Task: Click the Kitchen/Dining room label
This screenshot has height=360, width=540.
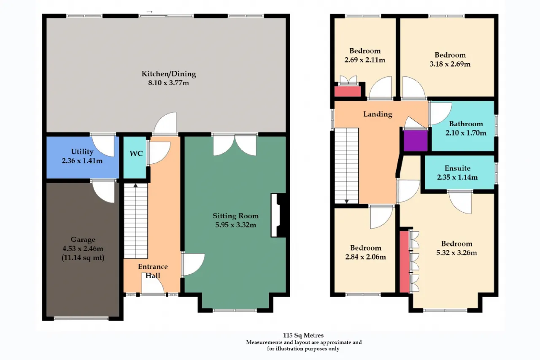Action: [168, 74]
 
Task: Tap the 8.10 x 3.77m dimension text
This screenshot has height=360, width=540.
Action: [168, 83]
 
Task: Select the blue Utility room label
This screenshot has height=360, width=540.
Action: [82, 152]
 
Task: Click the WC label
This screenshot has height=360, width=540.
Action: [136, 154]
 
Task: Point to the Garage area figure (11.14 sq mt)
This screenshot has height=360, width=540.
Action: [83, 258]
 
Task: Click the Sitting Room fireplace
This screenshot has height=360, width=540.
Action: [279, 215]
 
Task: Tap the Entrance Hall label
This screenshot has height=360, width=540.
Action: [153, 271]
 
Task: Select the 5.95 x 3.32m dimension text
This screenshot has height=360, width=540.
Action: [235, 225]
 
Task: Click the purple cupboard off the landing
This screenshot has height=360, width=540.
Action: [416, 141]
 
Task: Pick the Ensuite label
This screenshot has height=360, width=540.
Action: [457, 168]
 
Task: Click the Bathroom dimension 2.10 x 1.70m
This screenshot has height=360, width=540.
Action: [466, 133]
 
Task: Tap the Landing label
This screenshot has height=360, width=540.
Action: [378, 114]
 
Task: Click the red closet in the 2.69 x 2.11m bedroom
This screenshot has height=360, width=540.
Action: [348, 92]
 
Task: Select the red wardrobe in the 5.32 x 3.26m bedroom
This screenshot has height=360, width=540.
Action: [404, 262]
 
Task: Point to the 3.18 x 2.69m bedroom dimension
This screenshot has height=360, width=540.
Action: [450, 64]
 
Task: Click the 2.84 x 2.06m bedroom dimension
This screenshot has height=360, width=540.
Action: [365, 257]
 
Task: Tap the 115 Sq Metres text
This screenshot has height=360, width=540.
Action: [303, 335]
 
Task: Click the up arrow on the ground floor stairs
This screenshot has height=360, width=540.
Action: [136, 186]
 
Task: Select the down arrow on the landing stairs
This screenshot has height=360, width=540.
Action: [347, 201]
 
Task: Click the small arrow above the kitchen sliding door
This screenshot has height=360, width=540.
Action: [150, 11]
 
